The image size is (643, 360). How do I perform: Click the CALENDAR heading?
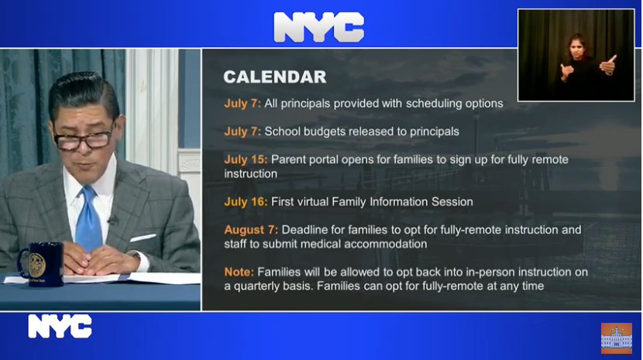click(x=275, y=77)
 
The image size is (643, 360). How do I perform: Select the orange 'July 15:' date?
click(x=246, y=159)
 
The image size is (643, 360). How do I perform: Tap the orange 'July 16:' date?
click(x=246, y=202)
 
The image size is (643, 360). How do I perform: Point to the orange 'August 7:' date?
click(x=251, y=230)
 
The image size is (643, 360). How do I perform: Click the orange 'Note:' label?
click(x=239, y=272)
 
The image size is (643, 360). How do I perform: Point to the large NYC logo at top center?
click(x=318, y=26)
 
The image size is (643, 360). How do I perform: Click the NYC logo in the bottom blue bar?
click(x=60, y=327)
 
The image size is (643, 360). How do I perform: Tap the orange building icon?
click(x=617, y=338)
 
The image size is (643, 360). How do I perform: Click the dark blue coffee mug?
click(x=41, y=264)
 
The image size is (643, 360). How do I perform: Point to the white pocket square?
click(x=143, y=238)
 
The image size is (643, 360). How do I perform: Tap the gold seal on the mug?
click(x=37, y=265)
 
